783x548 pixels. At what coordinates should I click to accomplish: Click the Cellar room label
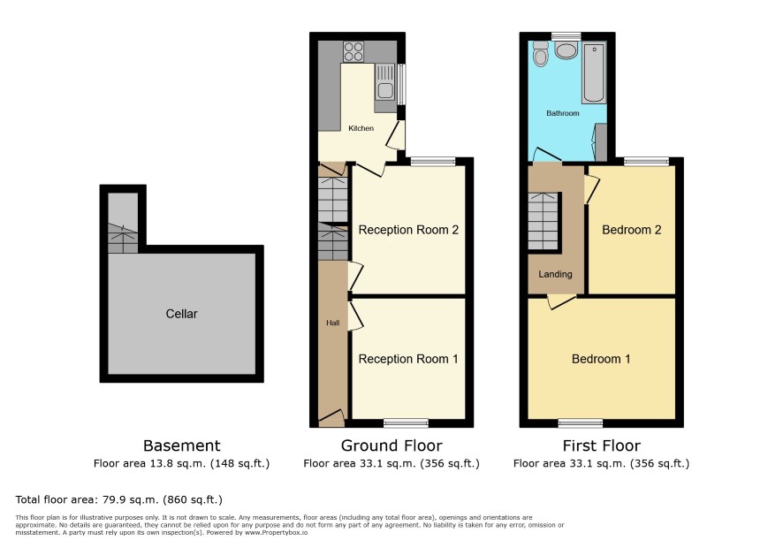point(181,314)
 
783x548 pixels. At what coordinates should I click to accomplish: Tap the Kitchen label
point(361,128)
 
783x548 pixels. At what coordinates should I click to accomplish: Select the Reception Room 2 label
point(408,230)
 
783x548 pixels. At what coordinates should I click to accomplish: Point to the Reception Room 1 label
point(408,359)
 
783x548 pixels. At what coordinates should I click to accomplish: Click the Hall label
point(333,323)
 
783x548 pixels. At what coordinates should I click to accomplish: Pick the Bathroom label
point(563,113)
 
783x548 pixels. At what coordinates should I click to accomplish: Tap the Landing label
point(555,274)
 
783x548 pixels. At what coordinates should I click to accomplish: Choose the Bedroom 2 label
point(632,230)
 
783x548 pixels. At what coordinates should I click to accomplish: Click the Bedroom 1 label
point(601,359)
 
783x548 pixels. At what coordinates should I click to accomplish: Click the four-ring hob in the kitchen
point(353,51)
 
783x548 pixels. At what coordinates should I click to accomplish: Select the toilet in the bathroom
point(540,53)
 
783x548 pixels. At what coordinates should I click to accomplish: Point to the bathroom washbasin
point(566,50)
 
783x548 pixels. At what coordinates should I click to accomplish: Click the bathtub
point(594,72)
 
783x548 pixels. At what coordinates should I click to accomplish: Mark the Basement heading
point(182,445)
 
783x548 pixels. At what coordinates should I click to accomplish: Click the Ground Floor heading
point(391,445)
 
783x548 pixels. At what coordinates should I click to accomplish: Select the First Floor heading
point(601,445)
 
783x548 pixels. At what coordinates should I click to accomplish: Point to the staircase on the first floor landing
point(543,221)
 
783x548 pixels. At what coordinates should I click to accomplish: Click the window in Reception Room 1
point(406,423)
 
